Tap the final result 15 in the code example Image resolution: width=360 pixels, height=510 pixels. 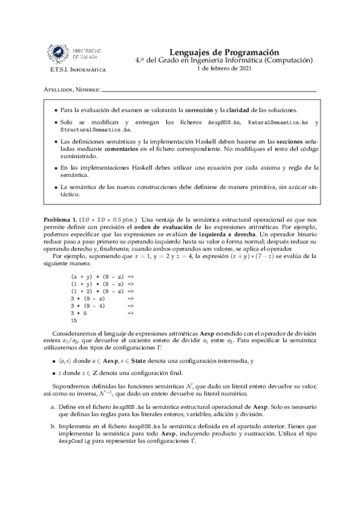pos(74,321)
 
